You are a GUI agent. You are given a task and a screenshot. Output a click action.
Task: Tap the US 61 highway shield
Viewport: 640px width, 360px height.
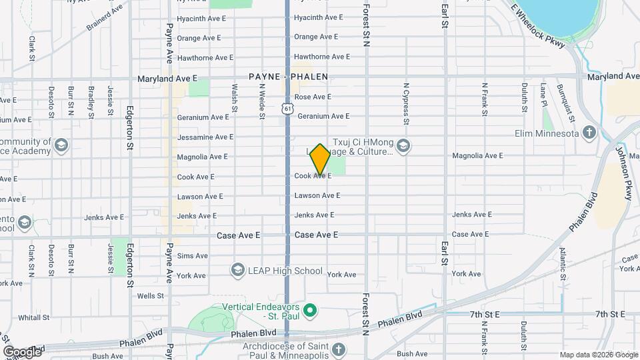(287, 108)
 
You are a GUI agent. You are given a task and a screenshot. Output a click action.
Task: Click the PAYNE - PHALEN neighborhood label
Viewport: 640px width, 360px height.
(288, 77)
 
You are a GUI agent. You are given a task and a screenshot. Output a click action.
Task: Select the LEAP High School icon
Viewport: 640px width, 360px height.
(237, 270)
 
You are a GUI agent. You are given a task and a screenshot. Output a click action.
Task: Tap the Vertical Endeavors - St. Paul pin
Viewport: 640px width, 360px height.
(309, 311)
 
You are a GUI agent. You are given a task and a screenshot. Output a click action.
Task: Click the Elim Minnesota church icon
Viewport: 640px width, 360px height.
(588, 133)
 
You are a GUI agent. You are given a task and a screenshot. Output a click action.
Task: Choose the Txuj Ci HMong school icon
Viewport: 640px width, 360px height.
(403, 146)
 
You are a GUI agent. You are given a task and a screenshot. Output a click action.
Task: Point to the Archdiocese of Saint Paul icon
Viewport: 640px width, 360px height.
(338, 349)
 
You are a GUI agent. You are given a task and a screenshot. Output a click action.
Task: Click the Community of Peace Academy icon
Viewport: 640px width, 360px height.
(61, 146)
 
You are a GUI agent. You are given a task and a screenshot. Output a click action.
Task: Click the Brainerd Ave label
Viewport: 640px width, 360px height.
(105, 17)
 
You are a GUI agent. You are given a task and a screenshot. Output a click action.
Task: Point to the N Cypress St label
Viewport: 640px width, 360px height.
(405, 103)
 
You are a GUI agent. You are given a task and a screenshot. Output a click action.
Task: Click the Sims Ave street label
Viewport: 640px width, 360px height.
(193, 256)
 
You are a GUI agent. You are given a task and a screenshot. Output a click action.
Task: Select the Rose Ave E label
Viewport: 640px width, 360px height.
(313, 97)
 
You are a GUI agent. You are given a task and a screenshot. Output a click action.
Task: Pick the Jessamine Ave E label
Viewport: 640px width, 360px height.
(205, 137)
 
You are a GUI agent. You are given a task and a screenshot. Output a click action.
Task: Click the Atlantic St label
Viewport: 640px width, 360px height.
(563, 263)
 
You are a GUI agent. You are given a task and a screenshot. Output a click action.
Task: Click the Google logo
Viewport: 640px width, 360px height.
(22, 351)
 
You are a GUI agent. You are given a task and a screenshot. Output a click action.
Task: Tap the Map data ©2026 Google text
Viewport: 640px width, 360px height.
(597, 355)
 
